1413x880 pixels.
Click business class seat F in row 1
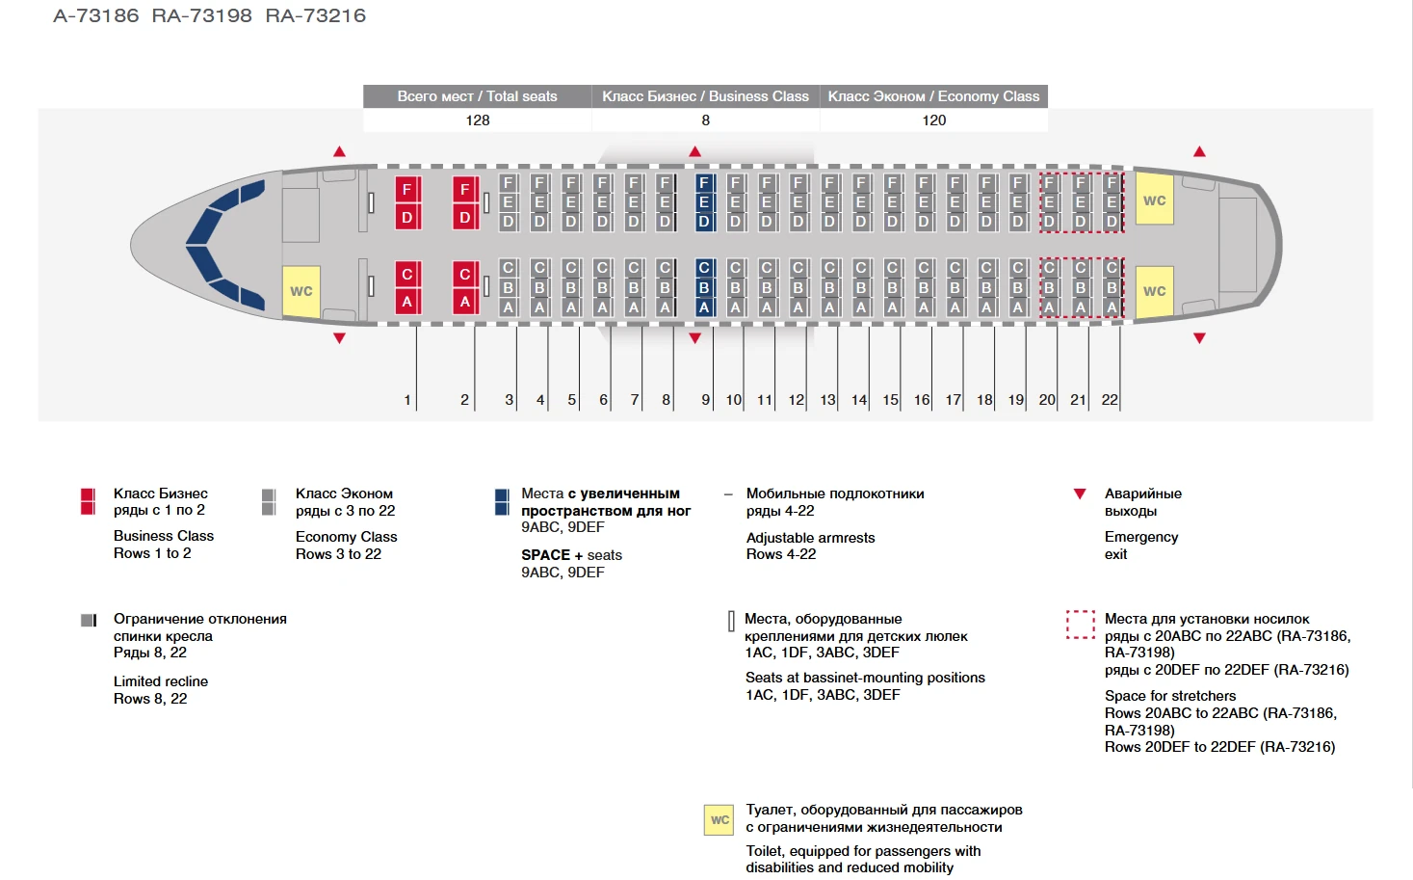[407, 189]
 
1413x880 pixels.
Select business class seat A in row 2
[465, 301]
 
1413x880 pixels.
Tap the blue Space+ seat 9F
[704, 183]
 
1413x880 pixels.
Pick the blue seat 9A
[704, 307]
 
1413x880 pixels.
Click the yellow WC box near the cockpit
[301, 291]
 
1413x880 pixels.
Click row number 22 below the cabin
[1110, 400]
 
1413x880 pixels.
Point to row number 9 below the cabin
[705, 400]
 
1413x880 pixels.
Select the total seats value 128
[478, 120]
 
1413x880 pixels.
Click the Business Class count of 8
[705, 120]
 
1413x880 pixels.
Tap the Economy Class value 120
[933, 120]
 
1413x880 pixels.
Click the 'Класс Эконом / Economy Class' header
[933, 96]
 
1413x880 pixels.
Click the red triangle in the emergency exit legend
[1080, 493]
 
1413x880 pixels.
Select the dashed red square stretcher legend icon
[1081, 625]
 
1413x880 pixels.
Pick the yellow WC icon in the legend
[720, 819]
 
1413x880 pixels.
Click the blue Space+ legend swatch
[502, 502]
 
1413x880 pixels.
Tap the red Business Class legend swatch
[88, 501]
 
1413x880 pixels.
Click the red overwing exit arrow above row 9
[695, 151]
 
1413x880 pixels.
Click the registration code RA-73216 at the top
[315, 15]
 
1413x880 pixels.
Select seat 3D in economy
[509, 222]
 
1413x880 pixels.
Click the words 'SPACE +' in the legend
[552, 555]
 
